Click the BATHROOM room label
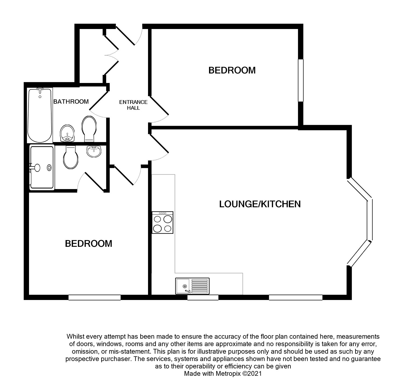pos(71,102)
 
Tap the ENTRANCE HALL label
pos(133,105)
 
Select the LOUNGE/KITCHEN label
pos(260,204)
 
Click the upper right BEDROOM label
pos(232,70)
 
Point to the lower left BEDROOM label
pos(88,244)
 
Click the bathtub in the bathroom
pos(40,115)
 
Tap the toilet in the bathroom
pos(89,129)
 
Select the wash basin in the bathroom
pos(67,133)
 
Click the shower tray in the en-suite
pos(42,167)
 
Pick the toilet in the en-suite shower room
pos(71,157)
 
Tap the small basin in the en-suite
pos(94,151)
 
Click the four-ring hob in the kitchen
pos(163,222)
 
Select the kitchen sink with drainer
pos(192,286)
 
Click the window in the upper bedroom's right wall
pos(301,80)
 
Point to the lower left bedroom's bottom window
pos(95,298)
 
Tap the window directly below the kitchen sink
pos(203,298)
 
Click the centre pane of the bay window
pos(370,220)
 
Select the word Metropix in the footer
pos(228,374)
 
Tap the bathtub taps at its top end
pos(40,89)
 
